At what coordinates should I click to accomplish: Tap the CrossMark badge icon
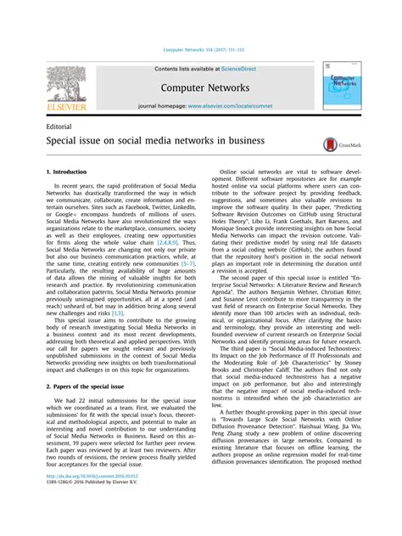point(338,145)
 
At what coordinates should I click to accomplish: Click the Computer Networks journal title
point(206,87)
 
